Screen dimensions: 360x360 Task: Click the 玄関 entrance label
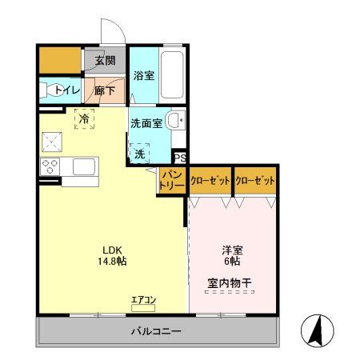tap(105, 60)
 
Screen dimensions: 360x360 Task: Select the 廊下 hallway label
tap(105, 90)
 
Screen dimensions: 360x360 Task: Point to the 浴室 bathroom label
tap(144, 76)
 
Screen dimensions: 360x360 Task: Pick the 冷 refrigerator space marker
tap(84, 119)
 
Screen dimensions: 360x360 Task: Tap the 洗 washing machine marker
tap(140, 152)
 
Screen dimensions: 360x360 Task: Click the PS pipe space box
tap(180, 158)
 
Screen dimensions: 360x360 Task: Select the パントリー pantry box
tap(172, 180)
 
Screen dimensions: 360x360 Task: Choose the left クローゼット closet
tap(210, 181)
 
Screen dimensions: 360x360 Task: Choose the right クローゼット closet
tap(255, 181)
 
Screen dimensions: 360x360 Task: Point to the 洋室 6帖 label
tap(233, 254)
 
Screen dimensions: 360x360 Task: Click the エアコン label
tap(144, 300)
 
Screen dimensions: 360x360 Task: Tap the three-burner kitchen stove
tap(49, 167)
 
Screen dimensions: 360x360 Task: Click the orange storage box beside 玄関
tap(60, 60)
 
